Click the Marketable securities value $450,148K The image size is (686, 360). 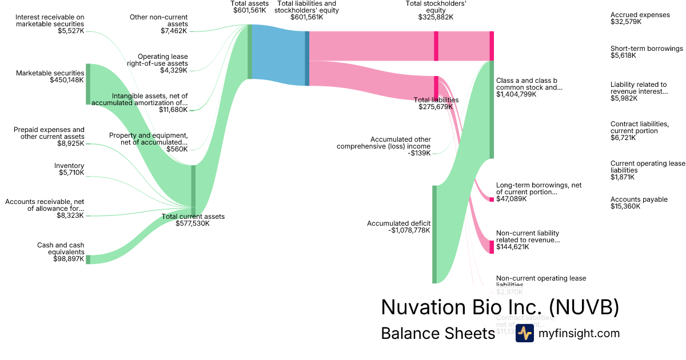coord(67,81)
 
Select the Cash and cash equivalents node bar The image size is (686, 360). coord(88,259)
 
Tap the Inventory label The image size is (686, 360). coord(69,166)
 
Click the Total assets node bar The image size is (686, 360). coord(250,51)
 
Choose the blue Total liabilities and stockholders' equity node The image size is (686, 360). coord(307,58)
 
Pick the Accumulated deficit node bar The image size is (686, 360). coord(434,234)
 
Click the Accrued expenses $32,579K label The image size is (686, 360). coord(640,18)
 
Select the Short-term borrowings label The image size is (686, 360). coord(647,49)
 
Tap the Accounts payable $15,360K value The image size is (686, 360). coord(625,206)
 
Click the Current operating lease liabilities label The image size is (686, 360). coord(648,167)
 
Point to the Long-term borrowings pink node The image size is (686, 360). coord(492,199)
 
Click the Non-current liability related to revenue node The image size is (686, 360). coord(492,247)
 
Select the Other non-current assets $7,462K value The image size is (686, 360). coord(174,31)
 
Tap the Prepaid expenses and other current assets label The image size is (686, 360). coord(49,133)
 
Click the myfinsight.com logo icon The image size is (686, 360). coord(524,333)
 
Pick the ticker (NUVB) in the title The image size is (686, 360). coord(584,307)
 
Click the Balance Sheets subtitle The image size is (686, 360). coord(438,334)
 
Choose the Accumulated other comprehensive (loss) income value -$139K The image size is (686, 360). coord(420,153)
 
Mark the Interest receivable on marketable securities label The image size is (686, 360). coord(50,21)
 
